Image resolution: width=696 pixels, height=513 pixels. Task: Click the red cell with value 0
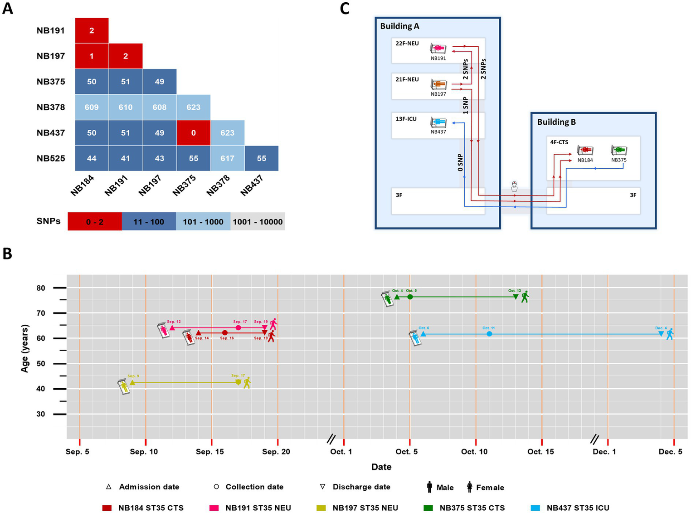pyautogui.click(x=194, y=133)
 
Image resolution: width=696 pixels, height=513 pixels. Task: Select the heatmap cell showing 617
pyautogui.click(x=228, y=158)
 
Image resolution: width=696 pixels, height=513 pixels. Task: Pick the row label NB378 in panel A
pyautogui.click(x=51, y=107)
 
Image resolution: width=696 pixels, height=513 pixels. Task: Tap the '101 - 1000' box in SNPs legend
pyautogui.click(x=203, y=222)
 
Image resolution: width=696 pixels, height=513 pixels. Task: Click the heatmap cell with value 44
pyautogui.click(x=92, y=158)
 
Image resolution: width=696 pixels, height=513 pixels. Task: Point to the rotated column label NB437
pyautogui.click(x=252, y=186)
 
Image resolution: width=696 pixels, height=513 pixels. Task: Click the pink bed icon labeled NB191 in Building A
pyautogui.click(x=438, y=48)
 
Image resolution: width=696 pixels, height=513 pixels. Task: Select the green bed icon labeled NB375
pyautogui.click(x=619, y=150)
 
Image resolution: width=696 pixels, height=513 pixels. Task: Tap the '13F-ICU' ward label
pyautogui.click(x=406, y=119)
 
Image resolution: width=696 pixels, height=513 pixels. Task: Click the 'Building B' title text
pyautogui.click(x=556, y=122)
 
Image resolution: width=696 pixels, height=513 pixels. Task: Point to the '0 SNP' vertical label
pyautogui.click(x=460, y=163)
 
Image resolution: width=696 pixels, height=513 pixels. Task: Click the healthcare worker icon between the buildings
pyautogui.click(x=514, y=186)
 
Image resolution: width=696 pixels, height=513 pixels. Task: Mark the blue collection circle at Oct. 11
pyautogui.click(x=489, y=334)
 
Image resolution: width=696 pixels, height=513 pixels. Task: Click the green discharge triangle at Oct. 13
pyautogui.click(x=516, y=297)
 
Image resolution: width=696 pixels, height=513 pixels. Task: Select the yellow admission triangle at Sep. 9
pyautogui.click(x=132, y=382)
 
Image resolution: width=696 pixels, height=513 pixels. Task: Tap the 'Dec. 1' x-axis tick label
pyautogui.click(x=604, y=452)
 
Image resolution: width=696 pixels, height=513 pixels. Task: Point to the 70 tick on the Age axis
pyautogui.click(x=41, y=313)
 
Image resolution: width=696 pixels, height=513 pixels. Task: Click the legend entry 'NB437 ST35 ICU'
pyautogui.click(x=578, y=508)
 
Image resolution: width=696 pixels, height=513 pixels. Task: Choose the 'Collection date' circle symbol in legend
pyautogui.click(x=216, y=487)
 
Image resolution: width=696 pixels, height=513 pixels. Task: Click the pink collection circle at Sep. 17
pyautogui.click(x=238, y=327)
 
